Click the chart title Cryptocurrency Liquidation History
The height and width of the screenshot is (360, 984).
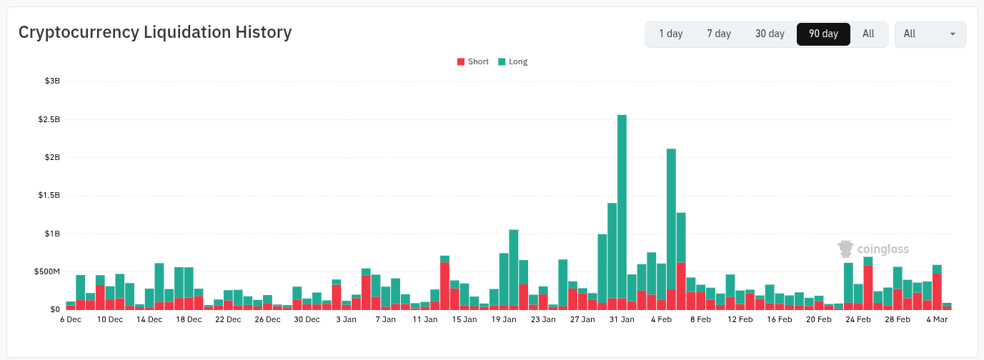tap(155, 33)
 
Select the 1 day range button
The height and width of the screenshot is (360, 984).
tap(670, 34)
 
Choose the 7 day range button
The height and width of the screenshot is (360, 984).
tap(719, 34)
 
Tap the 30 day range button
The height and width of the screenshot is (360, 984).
tap(770, 34)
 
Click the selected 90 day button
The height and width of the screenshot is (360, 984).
tap(823, 34)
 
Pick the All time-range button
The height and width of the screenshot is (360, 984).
tap(868, 34)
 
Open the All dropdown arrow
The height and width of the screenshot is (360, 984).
tap(953, 34)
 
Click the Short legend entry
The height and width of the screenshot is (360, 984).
tap(473, 61)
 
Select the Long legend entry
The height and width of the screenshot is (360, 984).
tap(513, 61)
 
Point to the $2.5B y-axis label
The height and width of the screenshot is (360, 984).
tap(49, 119)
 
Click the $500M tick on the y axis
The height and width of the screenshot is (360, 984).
tap(47, 271)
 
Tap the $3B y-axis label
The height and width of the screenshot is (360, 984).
tap(52, 81)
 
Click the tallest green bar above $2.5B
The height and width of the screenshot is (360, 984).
tap(622, 207)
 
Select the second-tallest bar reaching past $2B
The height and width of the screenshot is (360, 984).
tap(671, 214)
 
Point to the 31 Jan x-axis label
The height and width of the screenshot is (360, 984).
tap(622, 320)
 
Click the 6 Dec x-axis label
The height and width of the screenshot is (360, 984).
tap(71, 320)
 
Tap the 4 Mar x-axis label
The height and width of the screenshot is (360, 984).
tap(937, 320)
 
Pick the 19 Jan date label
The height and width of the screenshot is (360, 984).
tap(504, 320)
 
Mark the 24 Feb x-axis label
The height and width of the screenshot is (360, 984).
tap(858, 320)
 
